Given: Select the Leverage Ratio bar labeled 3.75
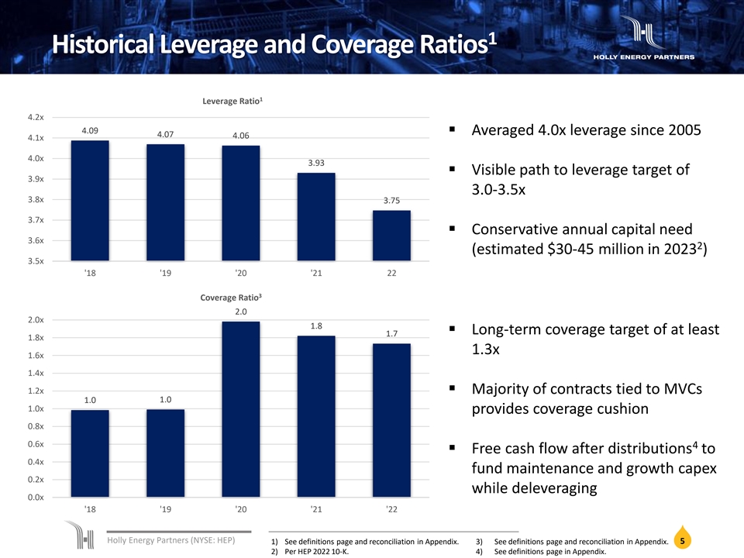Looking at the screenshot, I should click(392, 236).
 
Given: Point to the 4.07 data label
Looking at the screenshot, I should click(165, 134).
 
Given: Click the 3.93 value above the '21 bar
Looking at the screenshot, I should click(316, 163).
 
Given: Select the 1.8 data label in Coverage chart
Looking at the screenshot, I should click(316, 325).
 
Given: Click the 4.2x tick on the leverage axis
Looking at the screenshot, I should click(35, 118).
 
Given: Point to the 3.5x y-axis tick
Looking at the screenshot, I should click(35, 261).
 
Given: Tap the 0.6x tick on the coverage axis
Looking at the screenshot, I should click(35, 444).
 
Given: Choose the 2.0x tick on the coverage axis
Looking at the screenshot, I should click(35, 320).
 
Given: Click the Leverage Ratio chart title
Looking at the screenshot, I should click(232, 101).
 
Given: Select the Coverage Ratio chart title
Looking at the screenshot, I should click(232, 297).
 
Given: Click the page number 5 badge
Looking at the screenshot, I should click(681, 541).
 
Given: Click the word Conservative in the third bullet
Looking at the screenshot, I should click(527, 229).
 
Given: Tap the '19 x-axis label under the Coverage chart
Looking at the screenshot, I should click(165, 509).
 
